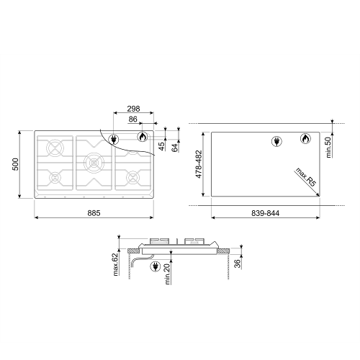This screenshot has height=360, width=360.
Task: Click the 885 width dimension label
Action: click(x=94, y=213)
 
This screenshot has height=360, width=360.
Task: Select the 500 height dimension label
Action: click(x=15, y=164)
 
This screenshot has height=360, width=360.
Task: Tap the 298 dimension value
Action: click(x=133, y=109)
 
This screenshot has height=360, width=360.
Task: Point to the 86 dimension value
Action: click(x=132, y=120)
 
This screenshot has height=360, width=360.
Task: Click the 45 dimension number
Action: click(x=162, y=146)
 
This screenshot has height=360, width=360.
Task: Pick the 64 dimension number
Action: click(x=175, y=148)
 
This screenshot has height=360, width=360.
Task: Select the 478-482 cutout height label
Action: click(x=199, y=164)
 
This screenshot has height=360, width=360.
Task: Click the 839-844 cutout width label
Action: click(x=266, y=213)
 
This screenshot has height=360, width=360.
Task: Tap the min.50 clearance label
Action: click(x=328, y=148)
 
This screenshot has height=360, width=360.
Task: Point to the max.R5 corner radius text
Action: click(x=306, y=177)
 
